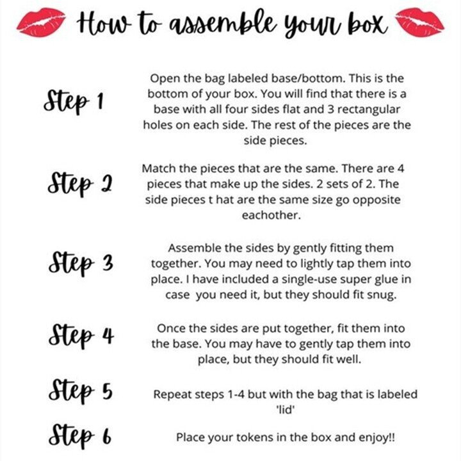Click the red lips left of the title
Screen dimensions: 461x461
(x=41, y=22)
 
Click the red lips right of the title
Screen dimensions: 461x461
(x=419, y=22)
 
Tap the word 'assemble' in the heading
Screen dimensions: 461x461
(x=223, y=22)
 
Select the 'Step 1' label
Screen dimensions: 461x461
(x=74, y=101)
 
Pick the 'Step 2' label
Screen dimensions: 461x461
(x=79, y=183)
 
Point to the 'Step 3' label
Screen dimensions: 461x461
(x=81, y=263)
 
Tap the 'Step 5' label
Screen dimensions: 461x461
(x=80, y=391)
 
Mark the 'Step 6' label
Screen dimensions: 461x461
(x=79, y=436)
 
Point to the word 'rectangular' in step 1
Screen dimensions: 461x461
(x=368, y=109)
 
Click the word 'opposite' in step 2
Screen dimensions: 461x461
(x=376, y=200)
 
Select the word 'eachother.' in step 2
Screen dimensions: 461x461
(x=271, y=215)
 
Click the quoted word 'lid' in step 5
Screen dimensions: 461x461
(x=285, y=410)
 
